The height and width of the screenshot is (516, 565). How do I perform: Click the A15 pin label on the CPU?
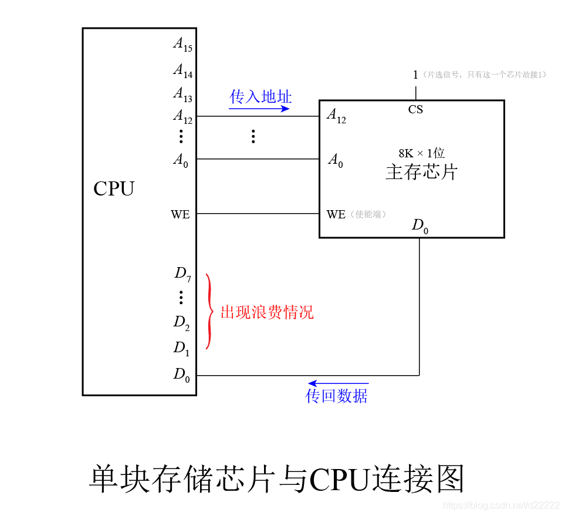(182, 44)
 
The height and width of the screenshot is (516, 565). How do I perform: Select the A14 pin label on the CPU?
(182, 70)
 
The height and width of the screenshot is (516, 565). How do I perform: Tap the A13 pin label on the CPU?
(182, 94)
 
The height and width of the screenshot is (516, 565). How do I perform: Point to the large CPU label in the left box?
(114, 189)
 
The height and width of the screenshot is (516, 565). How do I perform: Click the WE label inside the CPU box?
(180, 215)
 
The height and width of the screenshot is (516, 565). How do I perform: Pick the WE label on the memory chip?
(336, 215)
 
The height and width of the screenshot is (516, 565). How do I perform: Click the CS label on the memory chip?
(415, 110)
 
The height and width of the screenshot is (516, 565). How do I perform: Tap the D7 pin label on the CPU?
(182, 274)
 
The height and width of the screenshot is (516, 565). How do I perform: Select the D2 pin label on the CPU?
(181, 322)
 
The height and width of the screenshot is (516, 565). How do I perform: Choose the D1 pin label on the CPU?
(181, 348)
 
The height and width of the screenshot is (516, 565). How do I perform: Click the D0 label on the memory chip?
(419, 226)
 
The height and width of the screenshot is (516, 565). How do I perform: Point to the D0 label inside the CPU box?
(181, 375)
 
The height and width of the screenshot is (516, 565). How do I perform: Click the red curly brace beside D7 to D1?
(209, 311)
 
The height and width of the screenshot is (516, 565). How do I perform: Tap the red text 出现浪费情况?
(267, 312)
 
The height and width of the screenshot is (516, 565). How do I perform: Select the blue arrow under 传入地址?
(259, 109)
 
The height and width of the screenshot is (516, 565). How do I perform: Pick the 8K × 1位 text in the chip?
(421, 154)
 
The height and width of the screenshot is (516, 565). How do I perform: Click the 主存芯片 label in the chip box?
(421, 173)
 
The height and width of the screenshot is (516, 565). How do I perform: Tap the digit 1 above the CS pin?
(415, 75)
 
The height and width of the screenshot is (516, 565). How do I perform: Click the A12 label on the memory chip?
(337, 116)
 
